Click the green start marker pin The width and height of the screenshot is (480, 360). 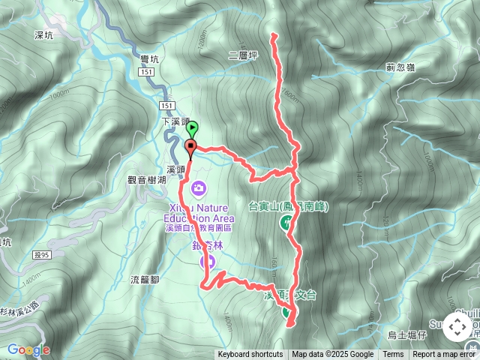192,128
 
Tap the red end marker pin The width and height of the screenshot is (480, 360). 190,147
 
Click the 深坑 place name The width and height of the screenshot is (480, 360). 44,34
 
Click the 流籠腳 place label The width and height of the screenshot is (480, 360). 145,280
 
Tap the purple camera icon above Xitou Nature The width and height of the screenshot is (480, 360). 199,187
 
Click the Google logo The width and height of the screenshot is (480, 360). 28,349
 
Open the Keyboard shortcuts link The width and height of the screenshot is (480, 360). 250,355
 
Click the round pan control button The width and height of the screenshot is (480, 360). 457,327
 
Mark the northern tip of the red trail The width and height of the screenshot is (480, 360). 274,34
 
